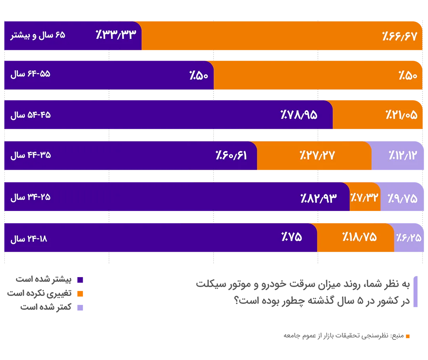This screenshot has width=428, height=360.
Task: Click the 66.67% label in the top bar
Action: tap(400, 36)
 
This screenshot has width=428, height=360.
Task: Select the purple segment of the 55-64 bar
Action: tap(107, 75)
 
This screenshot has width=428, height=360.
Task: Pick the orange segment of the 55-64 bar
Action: tap(317, 75)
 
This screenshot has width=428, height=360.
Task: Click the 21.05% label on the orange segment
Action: tap(401, 115)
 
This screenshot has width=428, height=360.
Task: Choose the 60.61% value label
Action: tap(231, 155)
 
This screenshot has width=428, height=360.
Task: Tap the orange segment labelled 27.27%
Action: tap(317, 155)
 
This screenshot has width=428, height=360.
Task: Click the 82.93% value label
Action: tap(319, 197)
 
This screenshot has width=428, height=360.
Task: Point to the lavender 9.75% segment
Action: tap(402, 197)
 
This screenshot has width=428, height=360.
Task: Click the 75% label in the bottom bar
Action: tap(292, 237)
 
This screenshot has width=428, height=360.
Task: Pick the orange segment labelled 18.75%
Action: tap(359, 237)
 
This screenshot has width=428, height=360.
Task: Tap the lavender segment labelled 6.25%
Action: tap(408, 237)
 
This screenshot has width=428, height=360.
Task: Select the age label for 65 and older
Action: tap(38, 35)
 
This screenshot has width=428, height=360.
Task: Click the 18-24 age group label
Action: tap(29, 239)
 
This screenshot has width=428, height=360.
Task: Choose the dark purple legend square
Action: tap(80, 280)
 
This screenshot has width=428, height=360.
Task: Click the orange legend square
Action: tap(80, 294)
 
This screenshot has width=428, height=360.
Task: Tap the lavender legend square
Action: tap(80, 307)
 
